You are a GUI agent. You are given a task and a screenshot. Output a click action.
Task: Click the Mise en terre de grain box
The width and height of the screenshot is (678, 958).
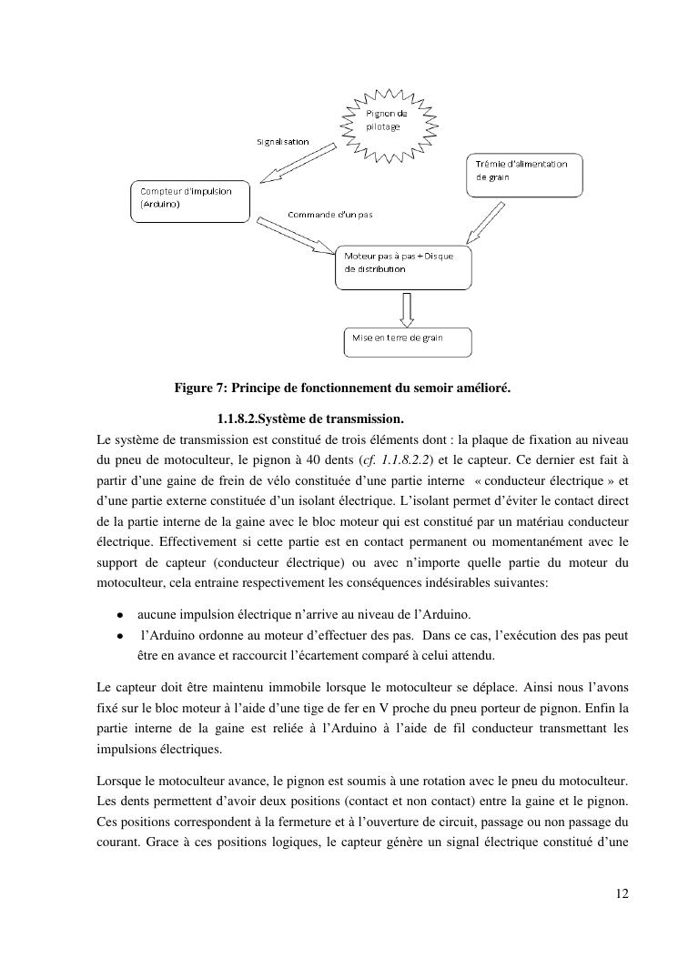(x=407, y=341)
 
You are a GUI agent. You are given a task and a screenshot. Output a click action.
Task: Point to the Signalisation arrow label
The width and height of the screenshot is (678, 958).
(x=282, y=142)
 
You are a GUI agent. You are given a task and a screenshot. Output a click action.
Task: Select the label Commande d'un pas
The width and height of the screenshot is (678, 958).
(x=329, y=215)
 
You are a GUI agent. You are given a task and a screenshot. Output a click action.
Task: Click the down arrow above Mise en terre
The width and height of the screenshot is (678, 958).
(x=407, y=309)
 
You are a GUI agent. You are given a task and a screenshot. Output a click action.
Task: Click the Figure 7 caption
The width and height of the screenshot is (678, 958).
(x=342, y=388)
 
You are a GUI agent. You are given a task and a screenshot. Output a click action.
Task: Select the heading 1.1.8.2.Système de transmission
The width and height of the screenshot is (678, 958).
(x=310, y=418)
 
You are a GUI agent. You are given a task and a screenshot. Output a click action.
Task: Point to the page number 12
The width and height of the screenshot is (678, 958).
(x=622, y=893)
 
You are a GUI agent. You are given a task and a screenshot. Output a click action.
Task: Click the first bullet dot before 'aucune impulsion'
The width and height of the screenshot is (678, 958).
(x=119, y=614)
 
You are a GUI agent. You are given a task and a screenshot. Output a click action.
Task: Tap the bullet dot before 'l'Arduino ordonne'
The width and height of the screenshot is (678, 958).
(x=119, y=634)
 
